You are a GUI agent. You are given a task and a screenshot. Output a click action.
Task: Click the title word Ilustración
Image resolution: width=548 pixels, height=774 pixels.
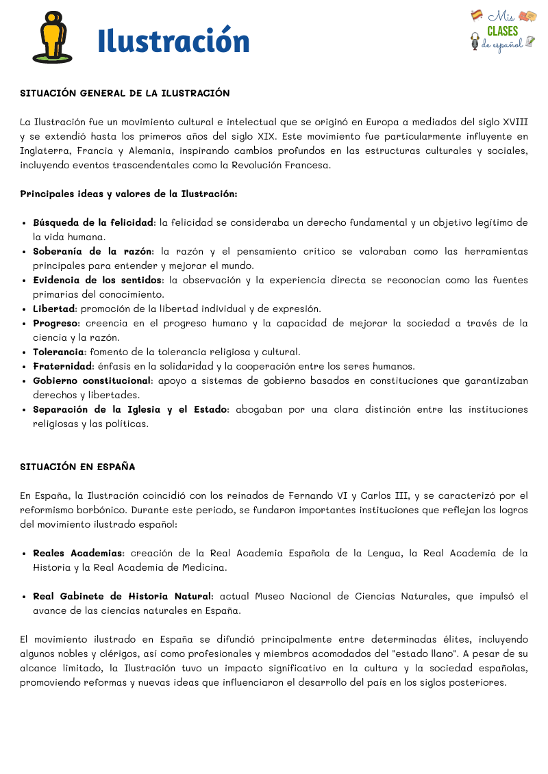(x=173, y=41)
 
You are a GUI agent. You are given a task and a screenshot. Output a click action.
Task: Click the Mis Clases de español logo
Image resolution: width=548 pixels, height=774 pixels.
(x=503, y=30)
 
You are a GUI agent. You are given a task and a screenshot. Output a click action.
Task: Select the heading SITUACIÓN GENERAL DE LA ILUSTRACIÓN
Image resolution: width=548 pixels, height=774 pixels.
(x=125, y=93)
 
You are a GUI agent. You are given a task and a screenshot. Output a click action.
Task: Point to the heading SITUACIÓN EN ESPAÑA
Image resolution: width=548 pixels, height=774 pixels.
(x=77, y=467)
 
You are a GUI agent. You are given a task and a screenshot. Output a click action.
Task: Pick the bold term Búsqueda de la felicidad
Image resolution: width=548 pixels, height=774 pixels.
(x=93, y=222)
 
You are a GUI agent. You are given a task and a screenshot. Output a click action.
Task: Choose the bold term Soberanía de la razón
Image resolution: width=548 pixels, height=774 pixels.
(x=93, y=251)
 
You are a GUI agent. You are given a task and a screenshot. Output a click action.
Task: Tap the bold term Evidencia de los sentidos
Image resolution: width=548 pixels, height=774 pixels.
(x=98, y=280)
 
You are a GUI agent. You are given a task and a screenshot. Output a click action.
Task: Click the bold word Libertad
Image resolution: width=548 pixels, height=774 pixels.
(x=54, y=309)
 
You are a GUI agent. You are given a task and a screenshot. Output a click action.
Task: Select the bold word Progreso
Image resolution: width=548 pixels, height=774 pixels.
(x=56, y=323)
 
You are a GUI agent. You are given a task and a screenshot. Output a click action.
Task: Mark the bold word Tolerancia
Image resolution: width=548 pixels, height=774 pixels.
(x=59, y=352)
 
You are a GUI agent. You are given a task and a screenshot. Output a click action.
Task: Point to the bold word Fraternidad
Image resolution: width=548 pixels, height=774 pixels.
(x=62, y=366)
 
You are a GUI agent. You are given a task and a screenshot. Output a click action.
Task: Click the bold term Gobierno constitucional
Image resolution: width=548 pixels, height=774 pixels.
(x=92, y=380)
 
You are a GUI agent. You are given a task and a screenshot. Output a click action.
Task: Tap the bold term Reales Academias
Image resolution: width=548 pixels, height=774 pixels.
(x=77, y=553)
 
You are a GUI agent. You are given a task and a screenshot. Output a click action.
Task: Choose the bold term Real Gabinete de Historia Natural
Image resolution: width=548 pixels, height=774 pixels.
(x=123, y=596)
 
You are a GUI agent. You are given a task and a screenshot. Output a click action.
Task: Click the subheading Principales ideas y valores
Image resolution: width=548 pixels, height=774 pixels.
(x=95, y=194)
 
